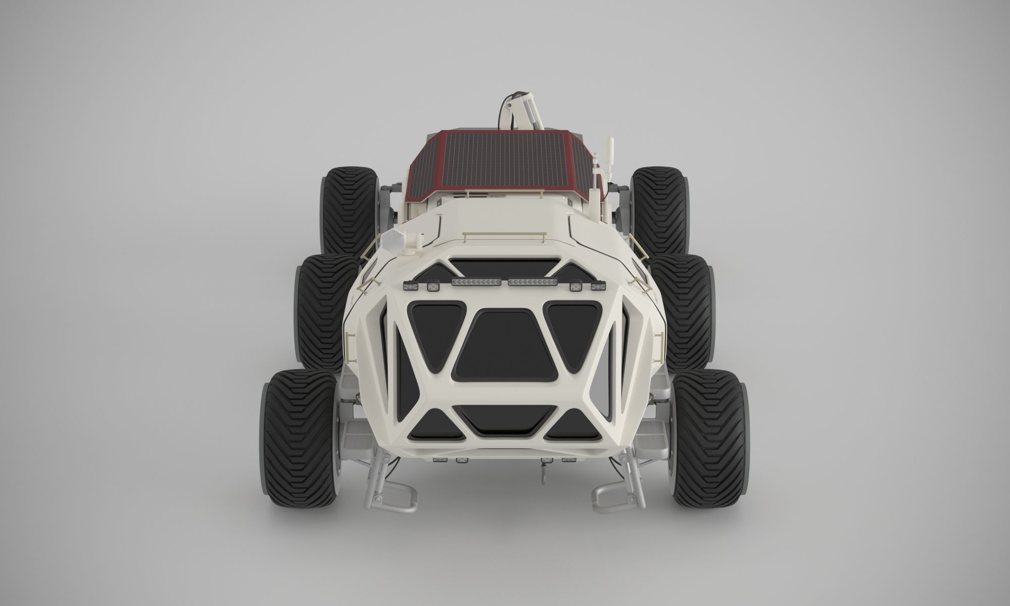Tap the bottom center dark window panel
[505, 421]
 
